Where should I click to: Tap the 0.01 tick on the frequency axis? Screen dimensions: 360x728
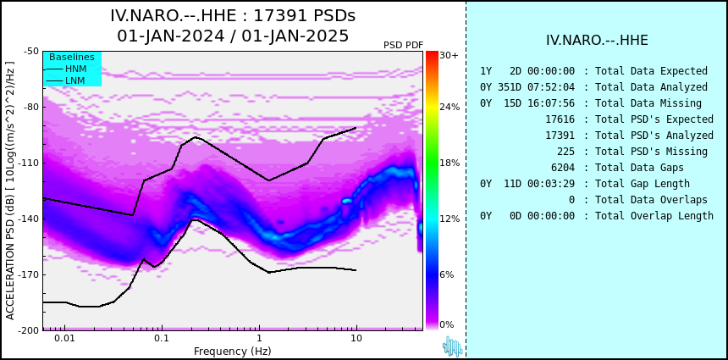point(63,338)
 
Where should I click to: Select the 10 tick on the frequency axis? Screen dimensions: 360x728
point(356,338)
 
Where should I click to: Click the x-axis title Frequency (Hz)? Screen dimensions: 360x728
point(233,351)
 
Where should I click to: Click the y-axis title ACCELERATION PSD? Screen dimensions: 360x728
point(10,190)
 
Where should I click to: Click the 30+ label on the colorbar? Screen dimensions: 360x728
point(449,56)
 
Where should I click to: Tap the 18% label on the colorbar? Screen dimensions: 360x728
point(449,163)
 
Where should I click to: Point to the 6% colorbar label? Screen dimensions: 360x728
point(446,275)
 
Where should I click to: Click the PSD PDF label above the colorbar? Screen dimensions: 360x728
point(403,45)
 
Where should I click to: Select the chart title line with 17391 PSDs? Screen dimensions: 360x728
point(233,16)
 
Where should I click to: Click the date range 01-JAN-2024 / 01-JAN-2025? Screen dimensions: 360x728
point(233,36)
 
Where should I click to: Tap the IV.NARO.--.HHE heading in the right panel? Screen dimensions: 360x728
point(597,41)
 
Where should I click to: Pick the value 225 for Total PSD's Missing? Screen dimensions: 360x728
point(565,152)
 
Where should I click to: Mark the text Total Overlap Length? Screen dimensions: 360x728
point(654,216)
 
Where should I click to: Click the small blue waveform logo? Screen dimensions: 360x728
point(452,346)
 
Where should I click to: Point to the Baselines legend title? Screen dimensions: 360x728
point(71,57)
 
